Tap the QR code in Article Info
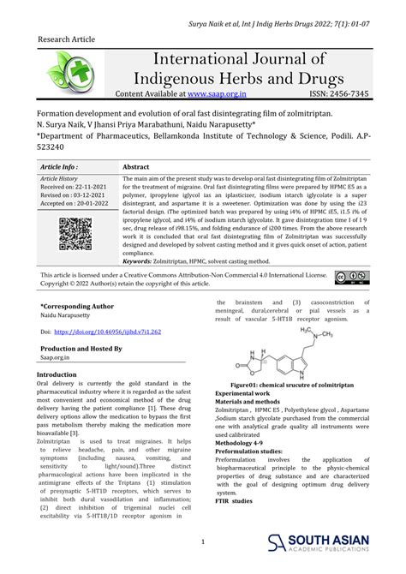point(75,235)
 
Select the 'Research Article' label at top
point(68,40)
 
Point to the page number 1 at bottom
point(202,541)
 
